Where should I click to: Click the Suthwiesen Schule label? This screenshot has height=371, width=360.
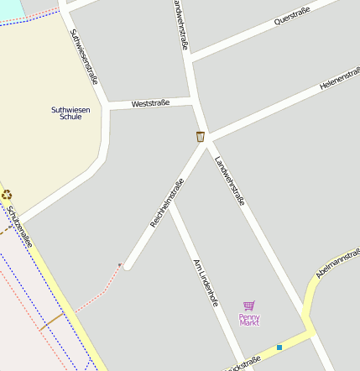66,112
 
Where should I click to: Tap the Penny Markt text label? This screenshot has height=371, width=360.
249,319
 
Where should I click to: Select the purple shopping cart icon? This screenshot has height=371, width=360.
248,306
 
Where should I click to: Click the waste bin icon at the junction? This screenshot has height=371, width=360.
201,136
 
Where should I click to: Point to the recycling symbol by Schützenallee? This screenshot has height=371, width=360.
7,195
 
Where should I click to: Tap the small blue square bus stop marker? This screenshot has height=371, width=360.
279,347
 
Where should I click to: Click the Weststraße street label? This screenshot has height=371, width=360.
151,103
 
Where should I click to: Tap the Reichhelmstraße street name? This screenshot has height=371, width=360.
167,203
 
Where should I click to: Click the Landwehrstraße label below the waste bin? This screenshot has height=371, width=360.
229,181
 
